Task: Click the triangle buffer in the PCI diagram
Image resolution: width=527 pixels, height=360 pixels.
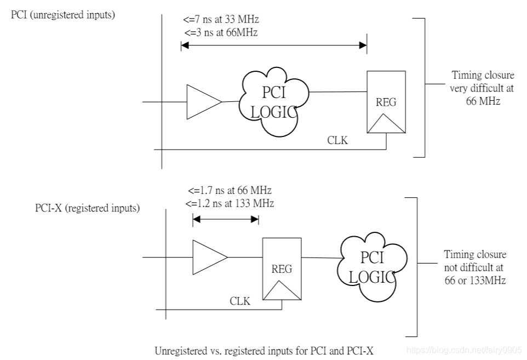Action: click(202, 102)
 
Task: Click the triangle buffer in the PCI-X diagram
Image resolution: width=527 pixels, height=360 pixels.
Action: click(208, 257)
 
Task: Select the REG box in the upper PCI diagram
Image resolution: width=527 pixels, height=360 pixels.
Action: click(386, 102)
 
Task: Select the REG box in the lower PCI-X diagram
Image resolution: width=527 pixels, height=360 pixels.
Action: click(282, 269)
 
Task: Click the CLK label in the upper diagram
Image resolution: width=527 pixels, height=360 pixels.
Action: click(337, 140)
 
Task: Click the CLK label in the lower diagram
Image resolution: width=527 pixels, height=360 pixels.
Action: click(240, 301)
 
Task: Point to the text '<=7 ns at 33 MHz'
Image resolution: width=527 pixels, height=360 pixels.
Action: click(221, 20)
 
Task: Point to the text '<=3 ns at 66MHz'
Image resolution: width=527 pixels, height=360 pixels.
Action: click(221, 33)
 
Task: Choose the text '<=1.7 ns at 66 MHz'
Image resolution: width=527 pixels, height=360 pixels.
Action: click(230, 191)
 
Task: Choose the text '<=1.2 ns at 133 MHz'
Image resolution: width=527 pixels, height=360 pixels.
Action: click(230, 203)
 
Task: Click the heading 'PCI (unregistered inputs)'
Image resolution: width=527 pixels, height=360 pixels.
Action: click(63, 15)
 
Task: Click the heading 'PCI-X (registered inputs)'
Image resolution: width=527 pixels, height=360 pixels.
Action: click(88, 208)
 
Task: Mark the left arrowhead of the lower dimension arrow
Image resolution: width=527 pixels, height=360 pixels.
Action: click(197, 220)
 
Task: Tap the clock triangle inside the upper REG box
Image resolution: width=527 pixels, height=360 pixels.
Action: click(386, 123)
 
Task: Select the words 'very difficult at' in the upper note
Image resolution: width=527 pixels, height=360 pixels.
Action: click(482, 88)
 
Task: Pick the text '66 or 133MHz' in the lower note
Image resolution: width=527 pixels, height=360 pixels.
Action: click(475, 281)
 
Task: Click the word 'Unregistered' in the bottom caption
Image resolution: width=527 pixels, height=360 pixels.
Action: click(181, 351)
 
